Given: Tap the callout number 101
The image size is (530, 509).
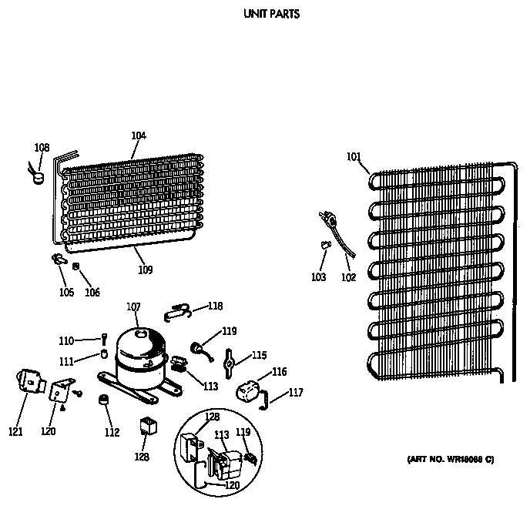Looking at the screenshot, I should pyautogui.click(x=353, y=159).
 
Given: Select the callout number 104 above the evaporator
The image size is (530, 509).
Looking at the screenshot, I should pyautogui.click(x=139, y=136).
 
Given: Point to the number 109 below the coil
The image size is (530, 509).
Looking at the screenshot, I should pyautogui.click(x=145, y=270).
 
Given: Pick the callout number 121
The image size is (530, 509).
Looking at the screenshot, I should pyautogui.click(x=16, y=431).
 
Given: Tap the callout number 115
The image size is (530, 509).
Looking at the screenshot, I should pyautogui.click(x=259, y=355).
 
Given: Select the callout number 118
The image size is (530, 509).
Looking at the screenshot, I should pyautogui.click(x=215, y=306).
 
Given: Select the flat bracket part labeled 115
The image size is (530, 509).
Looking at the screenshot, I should pyautogui.click(x=230, y=360).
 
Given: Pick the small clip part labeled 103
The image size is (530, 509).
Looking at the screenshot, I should pyautogui.click(x=324, y=244).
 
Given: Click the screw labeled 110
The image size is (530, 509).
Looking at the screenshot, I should pyautogui.click(x=103, y=338).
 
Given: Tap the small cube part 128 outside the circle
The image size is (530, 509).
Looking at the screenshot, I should pyautogui.click(x=146, y=426).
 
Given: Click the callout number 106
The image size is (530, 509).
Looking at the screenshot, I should pyautogui.click(x=92, y=293).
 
